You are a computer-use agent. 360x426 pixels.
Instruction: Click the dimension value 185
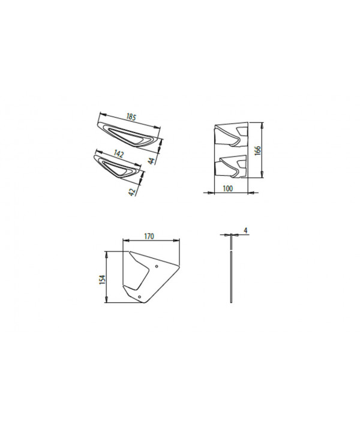tap(131, 117)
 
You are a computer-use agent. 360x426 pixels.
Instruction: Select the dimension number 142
tap(118, 154)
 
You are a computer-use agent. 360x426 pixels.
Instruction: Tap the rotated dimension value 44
tap(152, 161)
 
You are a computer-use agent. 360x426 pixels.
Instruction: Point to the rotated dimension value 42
tap(133, 192)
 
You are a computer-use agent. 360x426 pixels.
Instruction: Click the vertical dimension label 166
tap(257, 150)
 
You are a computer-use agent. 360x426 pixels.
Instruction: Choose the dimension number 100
tap(227, 188)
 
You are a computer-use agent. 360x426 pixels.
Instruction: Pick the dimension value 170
tap(149, 236)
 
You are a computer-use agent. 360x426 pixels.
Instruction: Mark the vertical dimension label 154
tap(103, 279)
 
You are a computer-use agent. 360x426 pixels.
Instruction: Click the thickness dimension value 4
tap(245, 230)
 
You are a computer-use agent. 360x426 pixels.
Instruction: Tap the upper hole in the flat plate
tap(157, 266)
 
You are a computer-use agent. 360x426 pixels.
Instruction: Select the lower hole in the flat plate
tap(139, 297)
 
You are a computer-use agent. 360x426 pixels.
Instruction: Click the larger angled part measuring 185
tap(128, 135)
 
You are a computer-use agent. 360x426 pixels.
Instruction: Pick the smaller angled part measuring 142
tap(118, 167)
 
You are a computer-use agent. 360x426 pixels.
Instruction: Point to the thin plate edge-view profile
tap(231, 268)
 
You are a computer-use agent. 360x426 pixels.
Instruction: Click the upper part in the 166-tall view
tap(232, 135)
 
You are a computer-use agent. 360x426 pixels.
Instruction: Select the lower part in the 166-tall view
tap(231, 167)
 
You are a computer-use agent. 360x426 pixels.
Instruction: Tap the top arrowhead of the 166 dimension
tap(262, 125)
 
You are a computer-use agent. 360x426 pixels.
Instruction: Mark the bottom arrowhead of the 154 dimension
tap(107, 299)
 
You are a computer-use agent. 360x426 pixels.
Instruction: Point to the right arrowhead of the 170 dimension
tap(176, 240)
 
